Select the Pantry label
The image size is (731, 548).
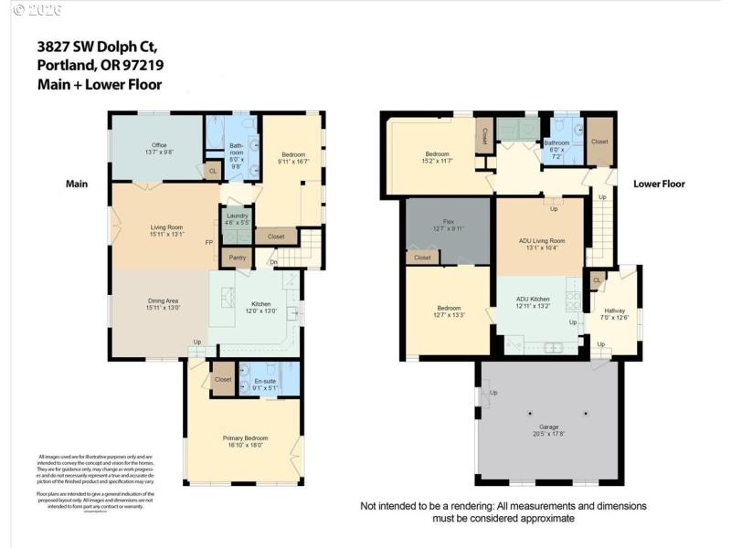238,258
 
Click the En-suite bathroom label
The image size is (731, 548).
265,381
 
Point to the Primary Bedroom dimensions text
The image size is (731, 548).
244,446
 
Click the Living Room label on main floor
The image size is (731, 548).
167,227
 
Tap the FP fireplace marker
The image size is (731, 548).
209,243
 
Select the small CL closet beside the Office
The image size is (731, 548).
212,171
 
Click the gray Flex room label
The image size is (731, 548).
449,222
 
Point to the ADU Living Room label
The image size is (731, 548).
542,241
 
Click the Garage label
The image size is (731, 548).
548,427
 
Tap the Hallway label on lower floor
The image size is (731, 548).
614,311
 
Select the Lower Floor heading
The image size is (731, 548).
659,184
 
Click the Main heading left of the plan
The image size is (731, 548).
77,184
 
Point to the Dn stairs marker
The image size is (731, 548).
272,263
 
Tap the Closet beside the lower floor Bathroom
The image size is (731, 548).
599,142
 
